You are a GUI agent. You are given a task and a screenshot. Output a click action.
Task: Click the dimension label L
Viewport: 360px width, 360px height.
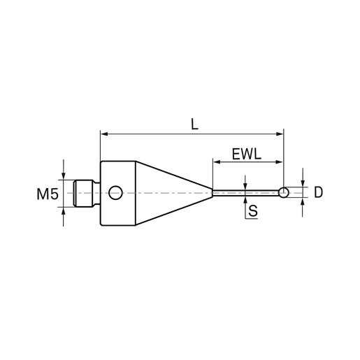pyautogui.click(x=194, y=124)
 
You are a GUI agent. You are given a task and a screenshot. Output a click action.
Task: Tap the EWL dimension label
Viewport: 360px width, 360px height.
pyautogui.click(x=247, y=154)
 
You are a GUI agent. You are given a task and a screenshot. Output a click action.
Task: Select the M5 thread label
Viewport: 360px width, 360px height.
pyautogui.click(x=48, y=194)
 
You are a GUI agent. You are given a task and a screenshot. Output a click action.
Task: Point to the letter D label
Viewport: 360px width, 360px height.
pyautogui.click(x=318, y=192)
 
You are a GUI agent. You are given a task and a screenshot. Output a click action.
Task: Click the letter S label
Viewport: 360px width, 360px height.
pyautogui.click(x=253, y=210)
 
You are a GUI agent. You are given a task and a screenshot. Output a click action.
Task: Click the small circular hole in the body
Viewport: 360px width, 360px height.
pyautogui.click(x=115, y=193)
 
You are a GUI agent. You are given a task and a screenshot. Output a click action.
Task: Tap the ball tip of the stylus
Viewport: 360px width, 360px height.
pyautogui.click(x=284, y=192)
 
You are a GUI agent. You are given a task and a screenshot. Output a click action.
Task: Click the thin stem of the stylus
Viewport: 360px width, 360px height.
pyautogui.click(x=245, y=193)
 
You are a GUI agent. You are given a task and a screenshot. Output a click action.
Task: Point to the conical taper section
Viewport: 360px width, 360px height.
pyautogui.click(x=174, y=193)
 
